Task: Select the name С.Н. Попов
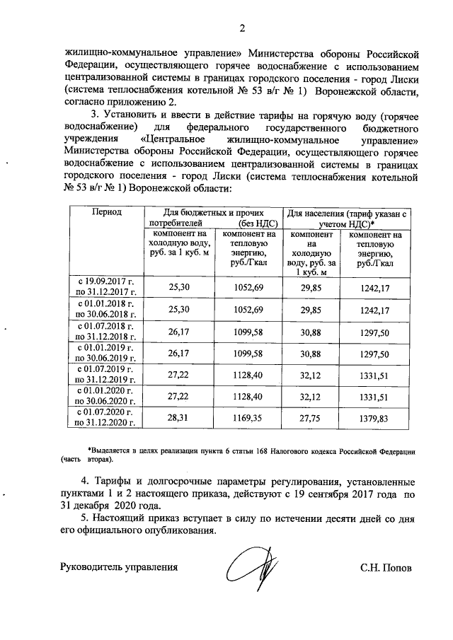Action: pos(385,567)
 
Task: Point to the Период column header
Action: pos(105,212)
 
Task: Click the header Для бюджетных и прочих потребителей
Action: pos(213,217)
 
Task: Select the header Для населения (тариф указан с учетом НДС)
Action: pos(346,217)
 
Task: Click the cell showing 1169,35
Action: pos(248,417)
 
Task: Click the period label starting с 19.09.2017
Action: pos(105,286)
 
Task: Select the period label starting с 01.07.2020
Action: pos(105,417)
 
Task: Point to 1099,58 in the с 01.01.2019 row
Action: pos(248,351)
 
